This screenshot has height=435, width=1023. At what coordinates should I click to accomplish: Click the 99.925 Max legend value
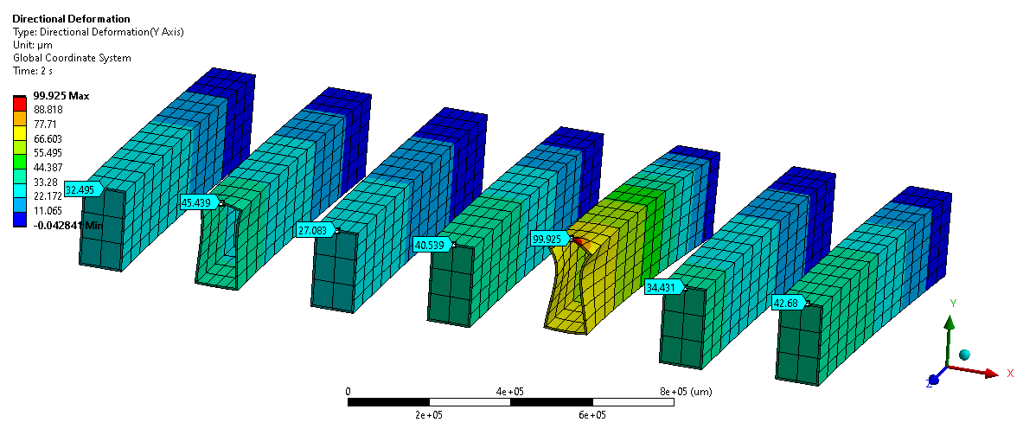pyautogui.click(x=61, y=96)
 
